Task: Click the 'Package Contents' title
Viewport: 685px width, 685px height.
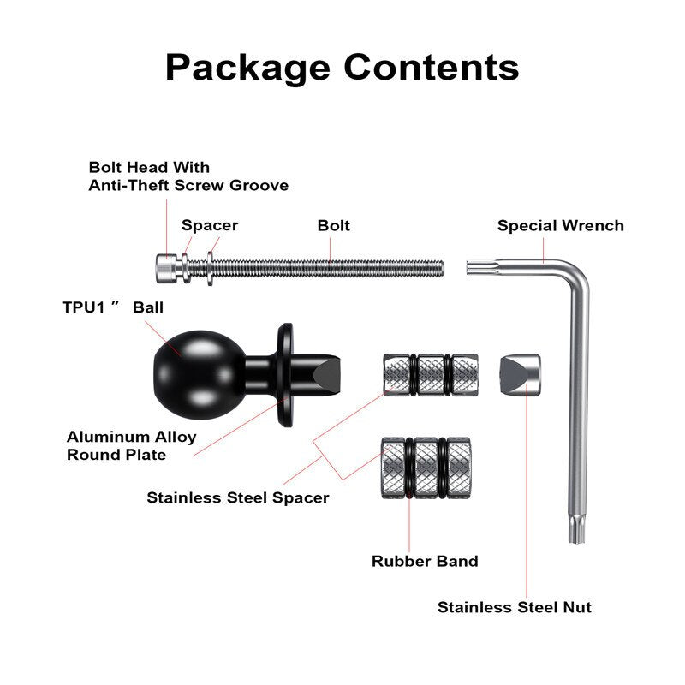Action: [x=342, y=66]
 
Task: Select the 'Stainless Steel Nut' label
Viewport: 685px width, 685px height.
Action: [x=514, y=607]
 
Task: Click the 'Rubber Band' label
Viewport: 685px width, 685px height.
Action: [x=424, y=562]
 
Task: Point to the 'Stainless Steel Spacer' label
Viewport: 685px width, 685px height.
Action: [x=237, y=497]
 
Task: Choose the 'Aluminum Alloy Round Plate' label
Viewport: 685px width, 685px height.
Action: [x=131, y=445]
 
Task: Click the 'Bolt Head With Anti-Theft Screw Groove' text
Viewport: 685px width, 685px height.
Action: [x=188, y=176]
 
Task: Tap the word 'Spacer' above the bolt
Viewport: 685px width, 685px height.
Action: [x=209, y=226]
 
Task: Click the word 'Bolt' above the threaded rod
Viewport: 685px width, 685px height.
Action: [x=333, y=226]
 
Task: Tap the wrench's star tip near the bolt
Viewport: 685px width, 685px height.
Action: [x=473, y=267]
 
